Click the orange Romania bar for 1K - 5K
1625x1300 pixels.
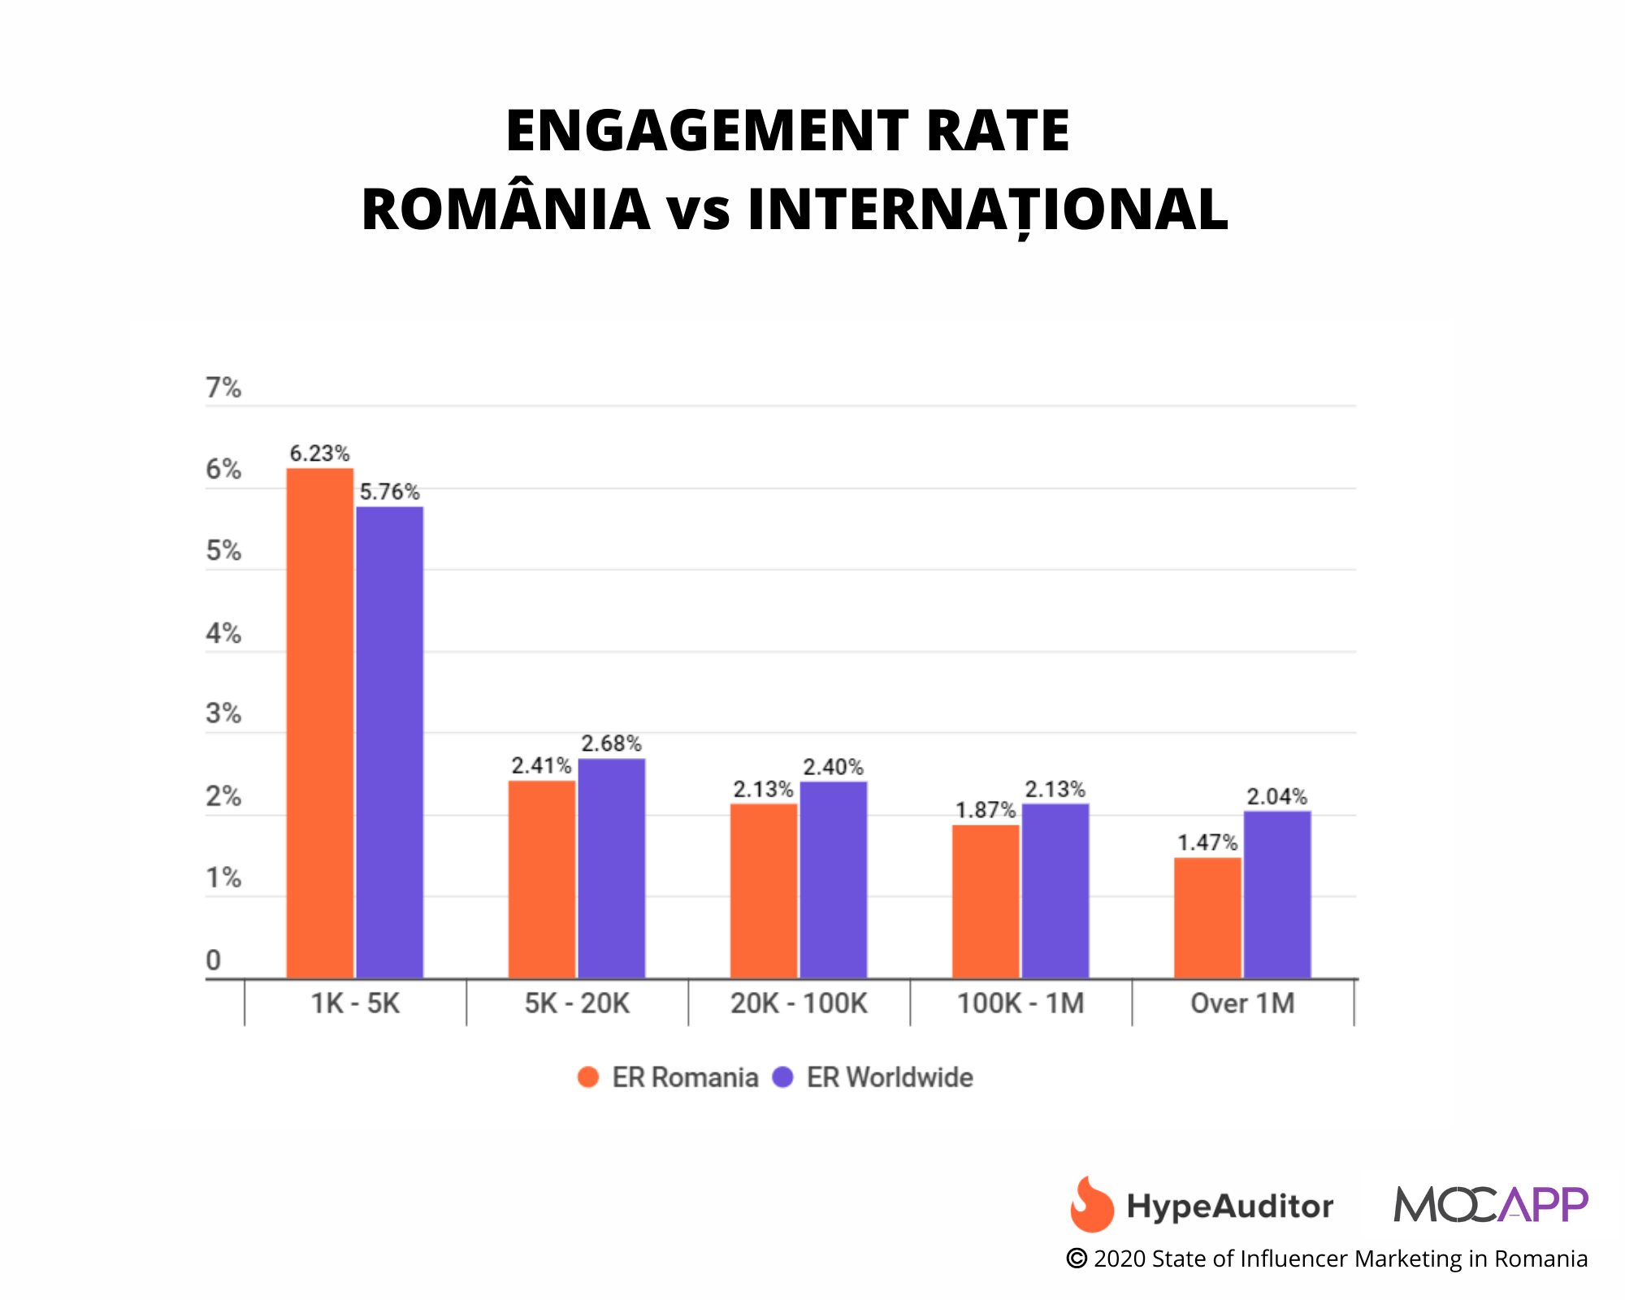pyautogui.click(x=320, y=723)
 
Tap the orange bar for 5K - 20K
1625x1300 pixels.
pyautogui.click(x=542, y=879)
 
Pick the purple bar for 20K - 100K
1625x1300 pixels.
pyautogui.click(x=834, y=879)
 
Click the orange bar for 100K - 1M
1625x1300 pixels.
pyautogui.click(x=986, y=901)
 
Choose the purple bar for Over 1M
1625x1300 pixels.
pyautogui.click(x=1277, y=894)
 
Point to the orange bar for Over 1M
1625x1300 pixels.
pyautogui.click(x=1207, y=917)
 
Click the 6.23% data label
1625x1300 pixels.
pyautogui.click(x=319, y=453)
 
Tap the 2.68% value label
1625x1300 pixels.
pyautogui.click(x=611, y=743)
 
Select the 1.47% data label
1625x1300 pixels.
pyautogui.click(x=1207, y=843)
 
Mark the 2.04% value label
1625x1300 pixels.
pyautogui.click(x=1277, y=796)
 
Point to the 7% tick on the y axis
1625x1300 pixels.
pyautogui.click(x=223, y=388)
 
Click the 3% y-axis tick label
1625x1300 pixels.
pyautogui.click(x=223, y=714)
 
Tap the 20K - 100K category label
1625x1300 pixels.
pyautogui.click(x=799, y=1003)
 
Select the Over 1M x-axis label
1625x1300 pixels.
pyautogui.click(x=1242, y=1003)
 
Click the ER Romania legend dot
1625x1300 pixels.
pyautogui.click(x=588, y=1077)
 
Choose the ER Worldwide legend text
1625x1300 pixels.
pyautogui.click(x=890, y=1077)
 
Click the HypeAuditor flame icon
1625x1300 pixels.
pyautogui.click(x=1091, y=1204)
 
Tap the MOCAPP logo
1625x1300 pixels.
pyautogui.click(x=1491, y=1204)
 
